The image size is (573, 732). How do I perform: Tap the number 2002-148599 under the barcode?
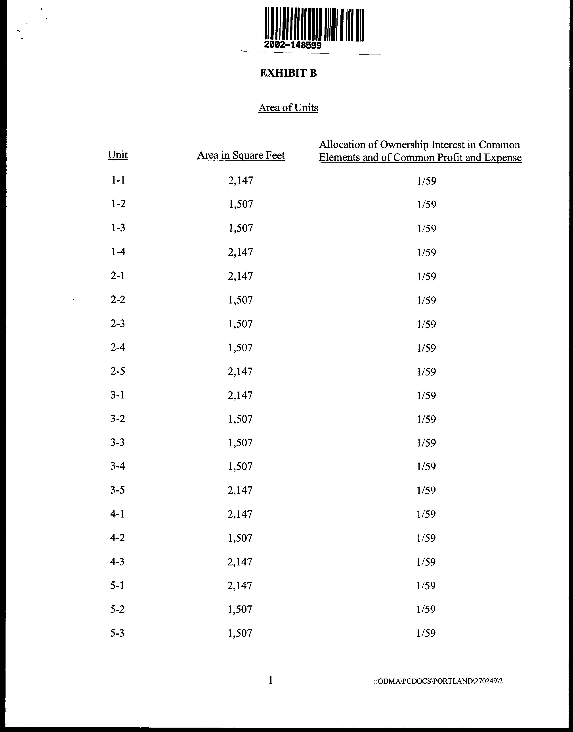pyautogui.click(x=292, y=45)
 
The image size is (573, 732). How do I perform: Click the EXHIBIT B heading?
pyautogui.click(x=288, y=73)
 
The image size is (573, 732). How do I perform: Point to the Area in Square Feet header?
pyautogui.click(x=241, y=155)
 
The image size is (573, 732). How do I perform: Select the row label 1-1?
pyautogui.click(x=118, y=180)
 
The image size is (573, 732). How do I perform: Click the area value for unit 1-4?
pyautogui.click(x=240, y=252)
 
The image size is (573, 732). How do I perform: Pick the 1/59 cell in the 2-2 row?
pyautogui.click(x=426, y=300)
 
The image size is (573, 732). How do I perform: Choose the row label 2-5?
pyautogui.click(x=118, y=371)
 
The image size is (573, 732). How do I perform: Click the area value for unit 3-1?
pyautogui.click(x=240, y=396)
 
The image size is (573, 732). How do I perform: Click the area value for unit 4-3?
pyautogui.click(x=240, y=562)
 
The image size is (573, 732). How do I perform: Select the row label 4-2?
pyautogui.click(x=117, y=538)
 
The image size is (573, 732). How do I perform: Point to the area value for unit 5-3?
pyautogui.click(x=240, y=633)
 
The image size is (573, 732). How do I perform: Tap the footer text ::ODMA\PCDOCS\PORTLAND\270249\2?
pyautogui.click(x=438, y=681)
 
